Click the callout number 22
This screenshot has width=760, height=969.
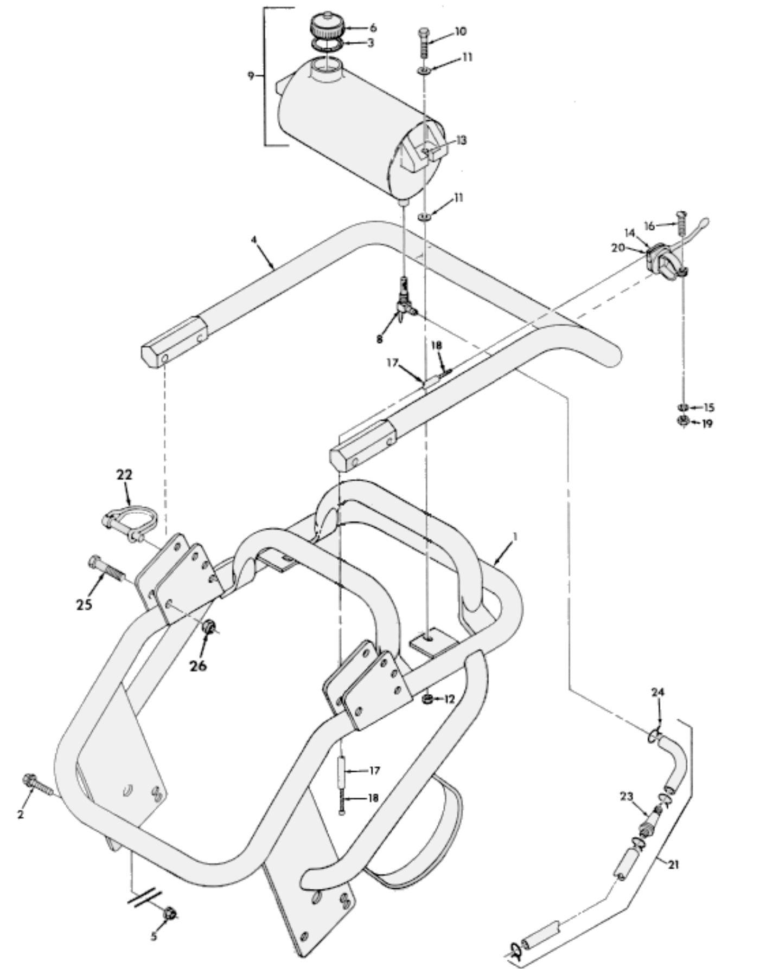click(x=124, y=475)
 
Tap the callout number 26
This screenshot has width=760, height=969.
click(x=198, y=665)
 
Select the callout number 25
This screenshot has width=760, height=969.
click(x=84, y=604)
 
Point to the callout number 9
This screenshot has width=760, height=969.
click(x=251, y=76)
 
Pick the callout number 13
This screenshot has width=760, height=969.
click(x=461, y=140)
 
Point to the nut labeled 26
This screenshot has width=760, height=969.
click(x=208, y=628)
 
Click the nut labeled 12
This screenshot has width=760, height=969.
click(x=427, y=700)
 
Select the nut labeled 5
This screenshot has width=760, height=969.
click(x=170, y=913)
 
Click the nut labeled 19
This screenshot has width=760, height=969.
click(x=684, y=422)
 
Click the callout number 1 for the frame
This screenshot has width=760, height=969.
click(x=515, y=537)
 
